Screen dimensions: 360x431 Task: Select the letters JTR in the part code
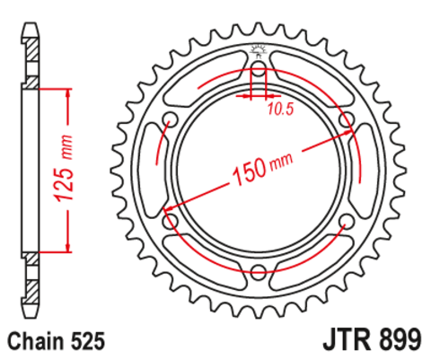(x=343, y=341)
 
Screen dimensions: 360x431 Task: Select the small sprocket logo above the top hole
(x=259, y=49)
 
